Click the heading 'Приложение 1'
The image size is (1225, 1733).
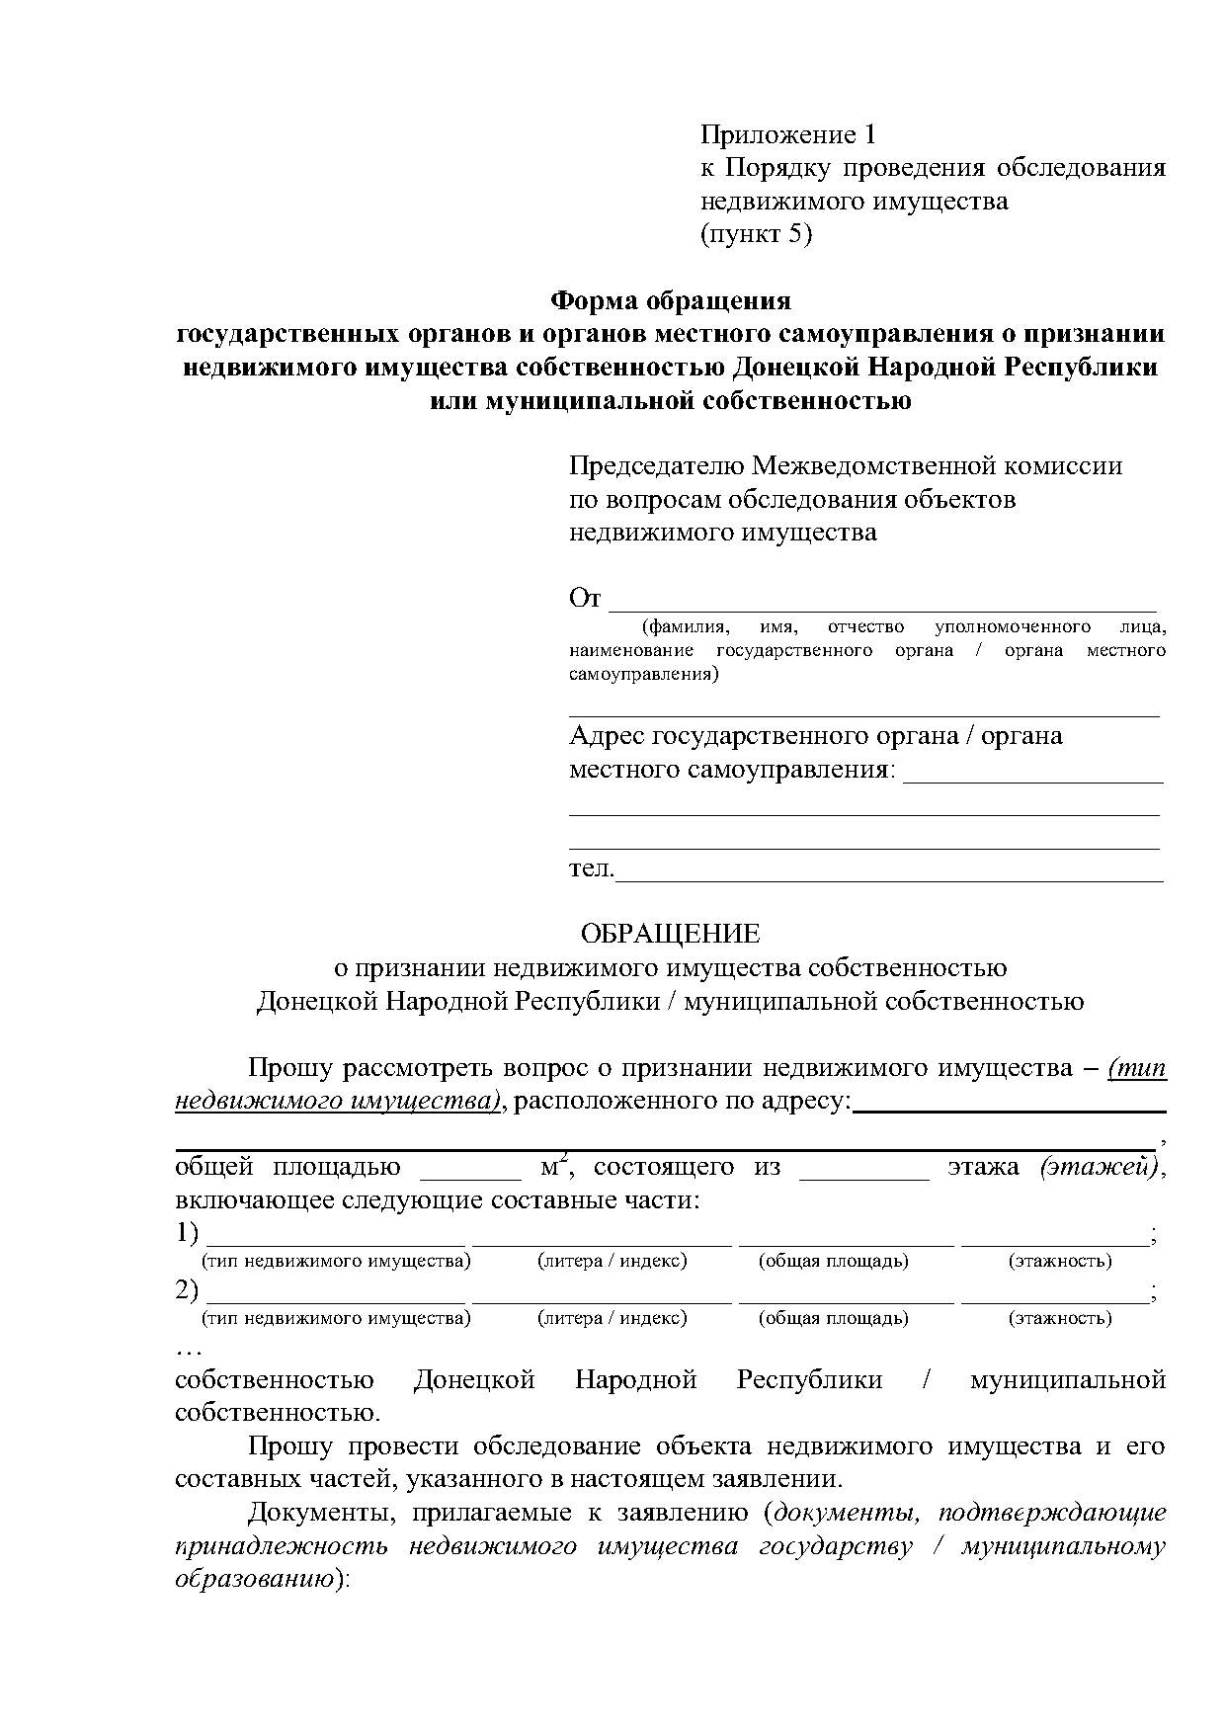pos(788,133)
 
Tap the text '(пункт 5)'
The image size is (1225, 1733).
pos(756,234)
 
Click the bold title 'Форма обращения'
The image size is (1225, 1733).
pos(671,299)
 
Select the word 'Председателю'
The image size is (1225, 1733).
pos(657,465)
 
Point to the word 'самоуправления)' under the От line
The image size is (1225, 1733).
pos(644,675)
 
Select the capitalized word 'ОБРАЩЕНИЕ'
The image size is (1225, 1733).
pos(671,934)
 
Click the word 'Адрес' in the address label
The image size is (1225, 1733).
pos(606,736)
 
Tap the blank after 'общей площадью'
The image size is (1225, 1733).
pos(471,1172)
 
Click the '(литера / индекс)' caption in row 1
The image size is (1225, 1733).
pos(612,1261)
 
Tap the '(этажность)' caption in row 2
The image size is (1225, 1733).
pos(1059,1318)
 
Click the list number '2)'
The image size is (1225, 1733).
pos(188,1291)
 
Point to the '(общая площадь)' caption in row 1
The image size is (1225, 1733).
pos(833,1261)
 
